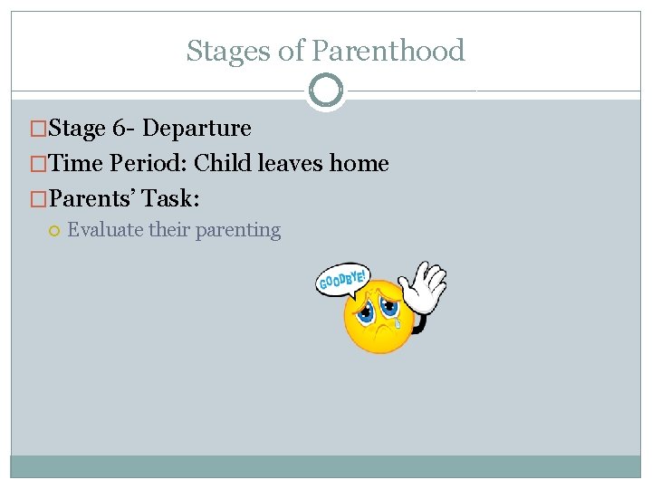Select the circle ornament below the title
(x=325, y=91)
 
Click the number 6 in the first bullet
(x=120, y=129)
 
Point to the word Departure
(x=197, y=129)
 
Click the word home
(x=360, y=164)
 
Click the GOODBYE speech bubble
(x=342, y=280)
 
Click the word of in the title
(x=292, y=51)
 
